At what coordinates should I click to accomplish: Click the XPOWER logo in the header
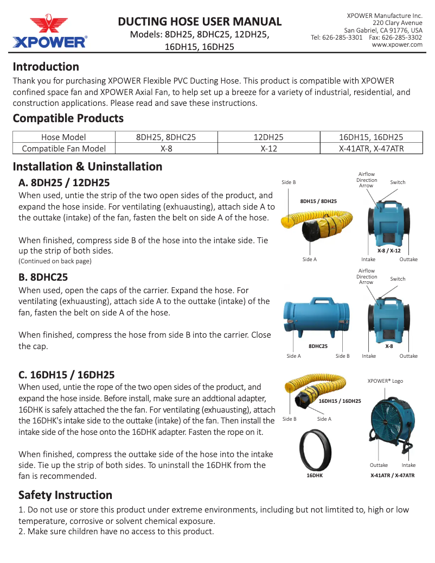(49, 32)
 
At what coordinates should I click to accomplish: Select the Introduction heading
(46, 67)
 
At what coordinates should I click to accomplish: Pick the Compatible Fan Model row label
(63, 148)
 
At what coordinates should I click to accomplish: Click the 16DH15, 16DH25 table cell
(371, 137)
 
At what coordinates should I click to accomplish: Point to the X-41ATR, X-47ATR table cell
(371, 148)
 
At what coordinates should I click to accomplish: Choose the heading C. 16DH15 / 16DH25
(66, 375)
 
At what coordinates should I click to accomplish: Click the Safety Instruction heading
(65, 495)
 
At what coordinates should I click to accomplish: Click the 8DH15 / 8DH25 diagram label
(318, 201)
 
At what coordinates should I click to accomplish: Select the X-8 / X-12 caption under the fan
(389, 251)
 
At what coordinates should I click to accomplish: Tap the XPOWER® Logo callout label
(385, 381)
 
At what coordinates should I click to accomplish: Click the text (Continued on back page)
(55, 261)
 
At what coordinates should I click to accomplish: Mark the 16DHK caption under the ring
(315, 476)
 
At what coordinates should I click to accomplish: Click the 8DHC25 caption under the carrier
(317, 346)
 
